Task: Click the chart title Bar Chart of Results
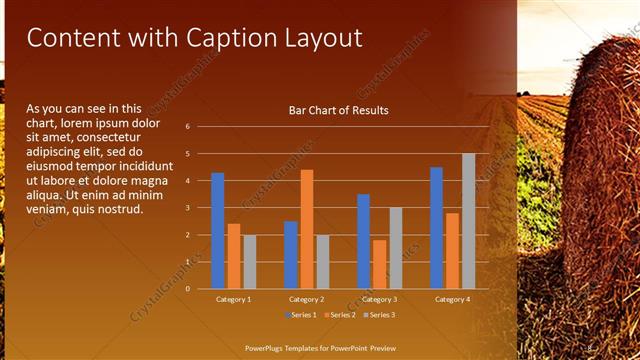(338, 110)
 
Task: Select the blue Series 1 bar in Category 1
(218, 231)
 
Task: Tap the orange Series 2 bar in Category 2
(306, 229)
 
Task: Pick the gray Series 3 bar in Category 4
(468, 221)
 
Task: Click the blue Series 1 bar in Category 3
(363, 241)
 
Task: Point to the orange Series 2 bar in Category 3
(379, 264)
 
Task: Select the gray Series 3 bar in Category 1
(250, 262)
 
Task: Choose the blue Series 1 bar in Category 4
(436, 228)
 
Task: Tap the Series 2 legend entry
(339, 315)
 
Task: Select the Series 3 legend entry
(379, 315)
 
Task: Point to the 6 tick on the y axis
(187, 127)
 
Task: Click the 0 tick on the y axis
(187, 289)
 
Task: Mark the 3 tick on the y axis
(187, 208)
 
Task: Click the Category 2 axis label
(306, 299)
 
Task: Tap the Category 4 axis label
(452, 299)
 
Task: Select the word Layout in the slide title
(320, 38)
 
